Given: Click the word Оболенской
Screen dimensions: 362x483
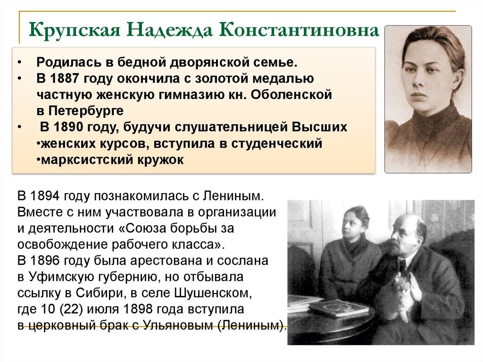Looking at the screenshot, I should [x=291, y=94].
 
